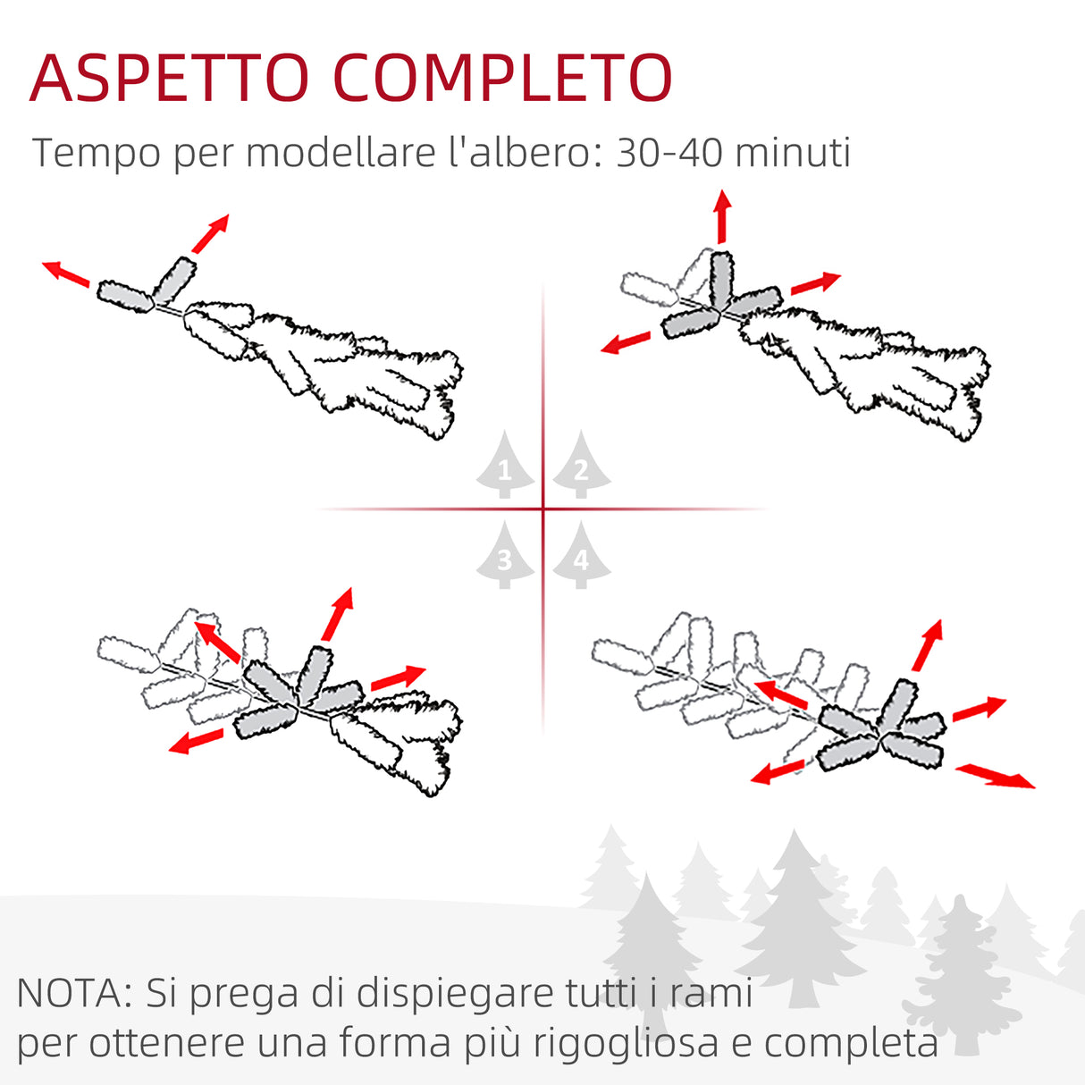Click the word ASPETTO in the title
click(169, 79)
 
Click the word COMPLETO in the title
click(503, 79)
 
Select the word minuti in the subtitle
click(794, 153)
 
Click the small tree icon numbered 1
click(505, 466)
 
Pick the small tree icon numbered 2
click(581, 466)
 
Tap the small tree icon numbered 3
click(505, 557)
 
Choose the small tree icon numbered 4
click(581, 557)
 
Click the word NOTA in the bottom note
click(74, 993)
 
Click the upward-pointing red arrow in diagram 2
click(722, 216)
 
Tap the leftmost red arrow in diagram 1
click(66, 273)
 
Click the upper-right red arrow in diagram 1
click(210, 234)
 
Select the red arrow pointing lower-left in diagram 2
click(626, 342)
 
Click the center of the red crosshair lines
click(542, 509)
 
